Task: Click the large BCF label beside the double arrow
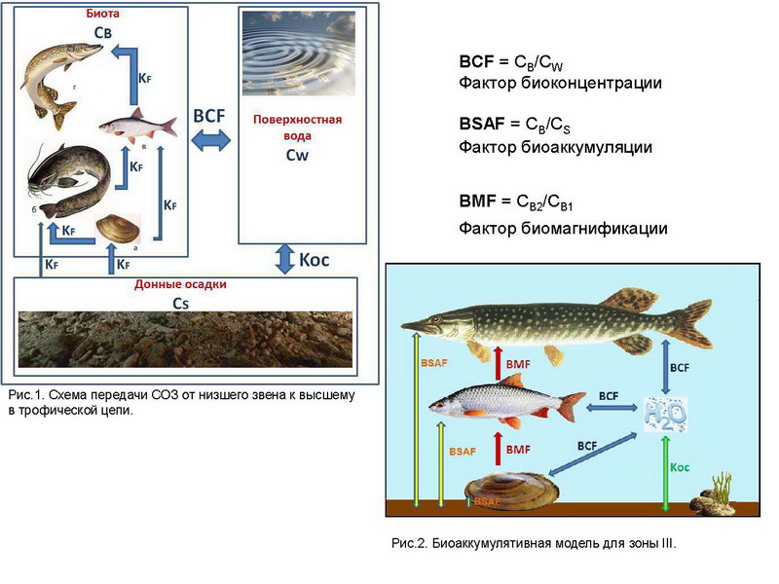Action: pos(209,116)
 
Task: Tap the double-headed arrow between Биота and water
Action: pos(210,141)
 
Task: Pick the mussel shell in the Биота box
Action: pos(119,229)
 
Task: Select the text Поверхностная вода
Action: pos(297,127)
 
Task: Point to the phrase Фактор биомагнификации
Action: pos(563,229)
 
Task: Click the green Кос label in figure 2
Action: pos(680,468)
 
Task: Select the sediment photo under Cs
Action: pos(185,339)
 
